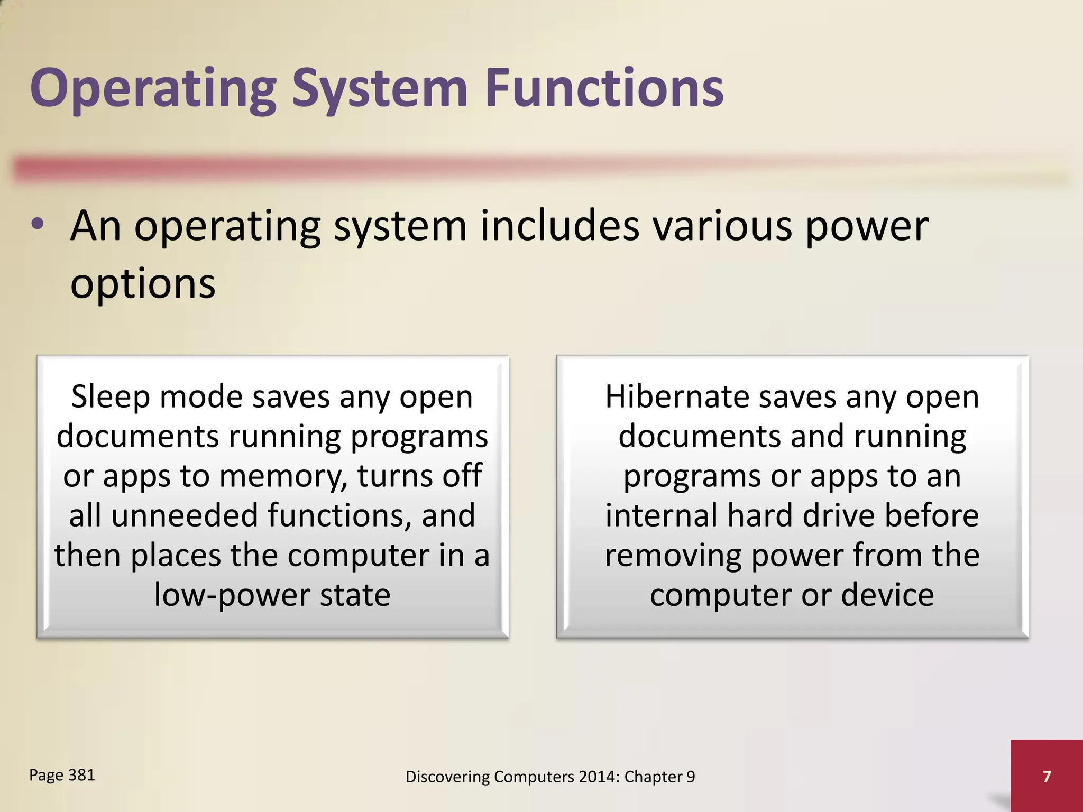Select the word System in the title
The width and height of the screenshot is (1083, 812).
tap(380, 89)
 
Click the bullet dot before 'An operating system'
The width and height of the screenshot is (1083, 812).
tap(38, 225)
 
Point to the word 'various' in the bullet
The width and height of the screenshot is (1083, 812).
tap(722, 226)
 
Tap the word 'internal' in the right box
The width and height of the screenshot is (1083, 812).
tap(661, 516)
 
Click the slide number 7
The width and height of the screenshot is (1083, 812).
tap(1047, 776)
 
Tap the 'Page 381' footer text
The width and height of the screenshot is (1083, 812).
tap(62, 775)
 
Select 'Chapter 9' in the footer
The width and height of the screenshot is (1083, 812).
tap(659, 777)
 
